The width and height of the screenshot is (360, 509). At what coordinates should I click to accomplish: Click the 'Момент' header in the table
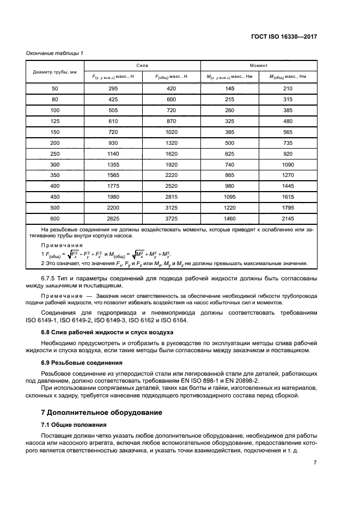point(258,65)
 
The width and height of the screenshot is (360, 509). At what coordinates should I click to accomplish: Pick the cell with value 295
point(113,89)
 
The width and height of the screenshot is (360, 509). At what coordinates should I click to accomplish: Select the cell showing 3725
point(171,218)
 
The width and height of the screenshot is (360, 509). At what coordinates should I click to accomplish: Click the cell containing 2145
point(288,218)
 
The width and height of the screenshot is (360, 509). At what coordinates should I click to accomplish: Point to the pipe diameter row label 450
point(54,197)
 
